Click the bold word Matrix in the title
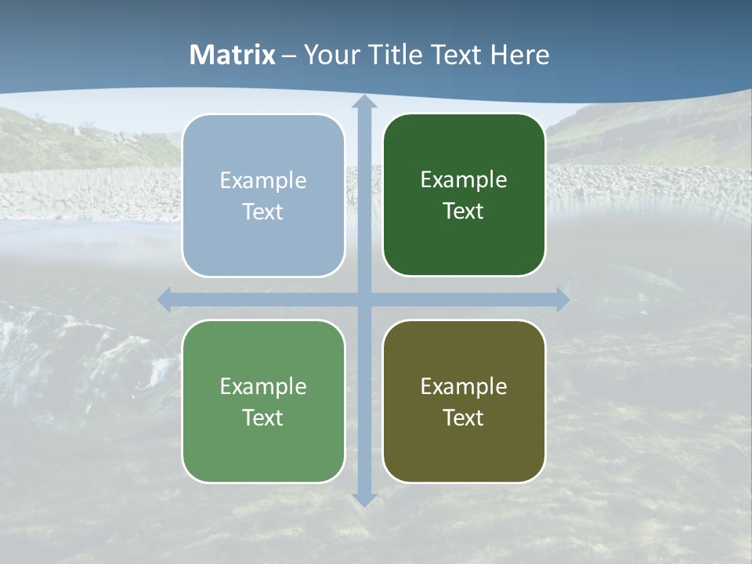point(233,55)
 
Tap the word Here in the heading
point(519,55)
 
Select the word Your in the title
point(330,55)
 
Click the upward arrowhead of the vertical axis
point(363,103)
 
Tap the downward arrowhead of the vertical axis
point(363,498)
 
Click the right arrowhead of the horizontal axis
point(562,299)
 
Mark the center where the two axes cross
point(363,299)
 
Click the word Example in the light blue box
point(263,181)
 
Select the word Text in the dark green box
point(464,211)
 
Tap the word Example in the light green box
point(263,387)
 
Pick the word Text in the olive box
point(464,418)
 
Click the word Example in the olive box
point(464,387)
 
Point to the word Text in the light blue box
point(263,212)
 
